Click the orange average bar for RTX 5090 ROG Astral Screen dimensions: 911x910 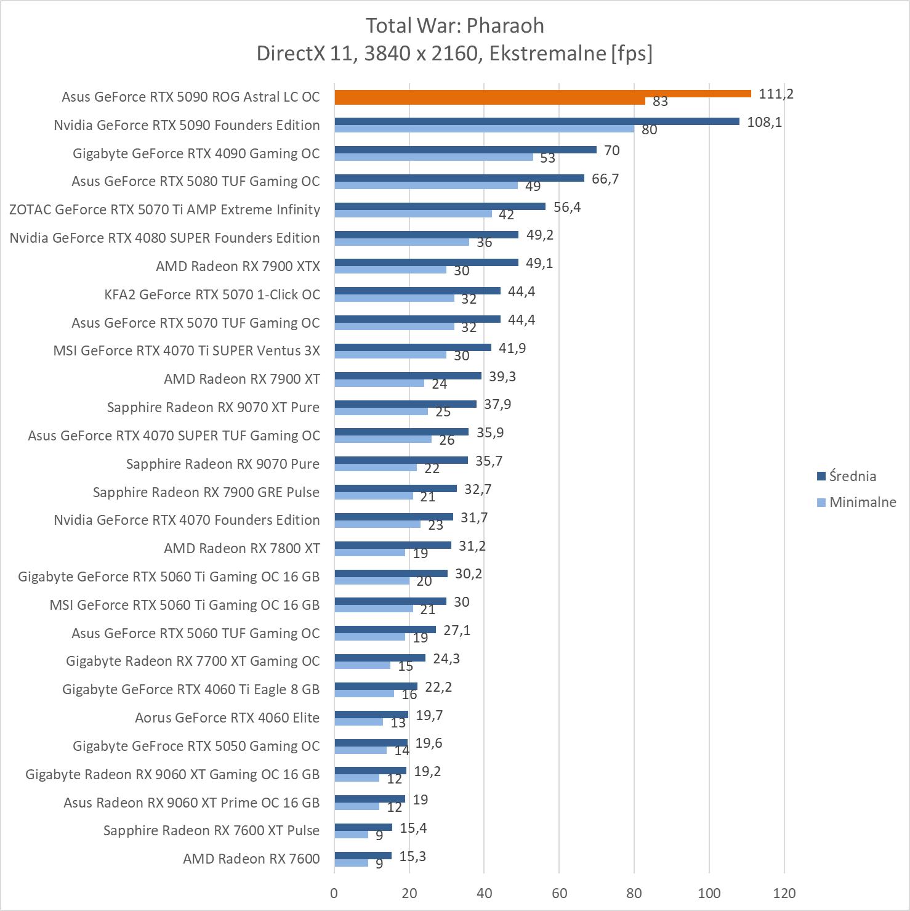[x=542, y=94]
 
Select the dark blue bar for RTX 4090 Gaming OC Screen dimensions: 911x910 [x=465, y=150]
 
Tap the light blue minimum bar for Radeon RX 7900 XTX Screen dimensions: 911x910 [x=390, y=270]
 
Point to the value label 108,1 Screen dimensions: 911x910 [x=764, y=122]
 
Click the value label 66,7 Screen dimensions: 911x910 [x=605, y=179]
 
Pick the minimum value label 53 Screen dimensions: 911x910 [x=547, y=158]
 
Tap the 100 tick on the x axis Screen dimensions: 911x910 [x=709, y=893]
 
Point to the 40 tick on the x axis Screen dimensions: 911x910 [x=484, y=893]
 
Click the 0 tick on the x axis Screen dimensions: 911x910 [x=334, y=893]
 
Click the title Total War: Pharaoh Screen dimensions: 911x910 [x=455, y=26]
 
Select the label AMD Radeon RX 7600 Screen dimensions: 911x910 [x=251, y=859]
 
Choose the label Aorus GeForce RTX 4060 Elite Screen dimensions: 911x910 [x=227, y=718]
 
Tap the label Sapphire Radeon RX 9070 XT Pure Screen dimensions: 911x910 [x=213, y=407]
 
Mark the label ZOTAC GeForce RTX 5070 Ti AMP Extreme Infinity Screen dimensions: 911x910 [x=165, y=209]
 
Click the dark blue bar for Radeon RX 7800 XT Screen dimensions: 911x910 [x=393, y=545]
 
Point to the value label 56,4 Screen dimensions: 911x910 [x=566, y=207]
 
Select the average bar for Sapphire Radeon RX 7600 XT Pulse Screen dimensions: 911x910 [x=363, y=827]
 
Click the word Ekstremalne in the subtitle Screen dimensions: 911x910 [x=545, y=54]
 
